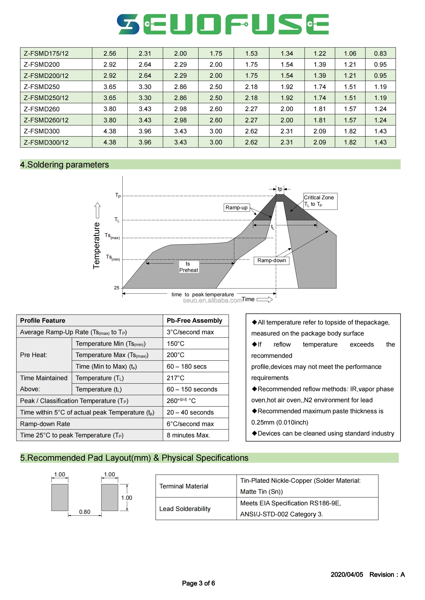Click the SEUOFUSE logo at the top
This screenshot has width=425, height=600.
[x=223, y=24]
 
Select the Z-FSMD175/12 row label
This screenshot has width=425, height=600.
[x=46, y=53]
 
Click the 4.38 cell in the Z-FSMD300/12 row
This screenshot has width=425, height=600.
[x=109, y=142]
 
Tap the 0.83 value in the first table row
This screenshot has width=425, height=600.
[x=380, y=53]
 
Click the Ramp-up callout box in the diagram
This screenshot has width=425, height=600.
[x=237, y=208]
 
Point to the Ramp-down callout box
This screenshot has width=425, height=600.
[x=271, y=261]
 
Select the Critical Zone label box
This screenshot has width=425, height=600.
[x=320, y=201]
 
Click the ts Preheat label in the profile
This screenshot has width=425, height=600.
[x=188, y=267]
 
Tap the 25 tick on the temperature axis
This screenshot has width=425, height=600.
[x=116, y=288]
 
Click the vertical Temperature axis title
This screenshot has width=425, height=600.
[x=96, y=245]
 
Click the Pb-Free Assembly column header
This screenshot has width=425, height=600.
[x=195, y=321]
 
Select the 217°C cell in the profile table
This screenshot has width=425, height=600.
[x=175, y=378]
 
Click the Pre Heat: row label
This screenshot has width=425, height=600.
[x=33, y=355]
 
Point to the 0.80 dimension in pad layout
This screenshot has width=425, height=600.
[x=85, y=512]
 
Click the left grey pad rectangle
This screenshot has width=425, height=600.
[x=60, y=497]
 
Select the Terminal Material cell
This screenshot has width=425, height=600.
[x=184, y=486]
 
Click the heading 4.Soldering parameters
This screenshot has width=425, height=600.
[x=64, y=165]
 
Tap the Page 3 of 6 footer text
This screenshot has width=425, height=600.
[x=198, y=583]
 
